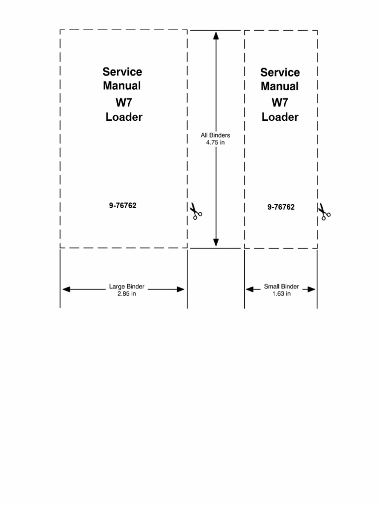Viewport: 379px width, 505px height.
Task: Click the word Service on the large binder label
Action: (122, 72)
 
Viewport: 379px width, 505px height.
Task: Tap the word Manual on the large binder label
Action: (122, 86)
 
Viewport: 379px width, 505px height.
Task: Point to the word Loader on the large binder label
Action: (124, 117)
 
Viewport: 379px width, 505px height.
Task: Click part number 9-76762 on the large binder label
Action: (123, 206)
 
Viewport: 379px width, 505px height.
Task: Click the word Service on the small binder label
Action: (280, 72)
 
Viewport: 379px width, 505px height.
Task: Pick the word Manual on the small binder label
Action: (280, 86)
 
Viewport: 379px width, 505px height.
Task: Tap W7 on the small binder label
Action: (280, 103)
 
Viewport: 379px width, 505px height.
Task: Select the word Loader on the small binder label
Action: (280, 117)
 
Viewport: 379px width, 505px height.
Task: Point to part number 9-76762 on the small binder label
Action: (281, 207)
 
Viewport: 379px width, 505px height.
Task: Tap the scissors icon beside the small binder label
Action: (324, 212)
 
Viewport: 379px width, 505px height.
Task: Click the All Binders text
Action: (215, 135)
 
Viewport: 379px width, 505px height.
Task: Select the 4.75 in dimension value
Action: (215, 143)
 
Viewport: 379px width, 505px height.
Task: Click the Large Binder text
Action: (127, 286)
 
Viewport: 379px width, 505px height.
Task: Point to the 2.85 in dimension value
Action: (127, 293)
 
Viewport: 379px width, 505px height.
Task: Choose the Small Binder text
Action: (281, 286)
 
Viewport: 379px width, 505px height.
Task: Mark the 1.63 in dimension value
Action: (281, 293)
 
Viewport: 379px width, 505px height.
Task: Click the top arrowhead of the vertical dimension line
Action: (216, 35)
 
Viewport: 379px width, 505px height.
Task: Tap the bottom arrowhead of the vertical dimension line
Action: (216, 242)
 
